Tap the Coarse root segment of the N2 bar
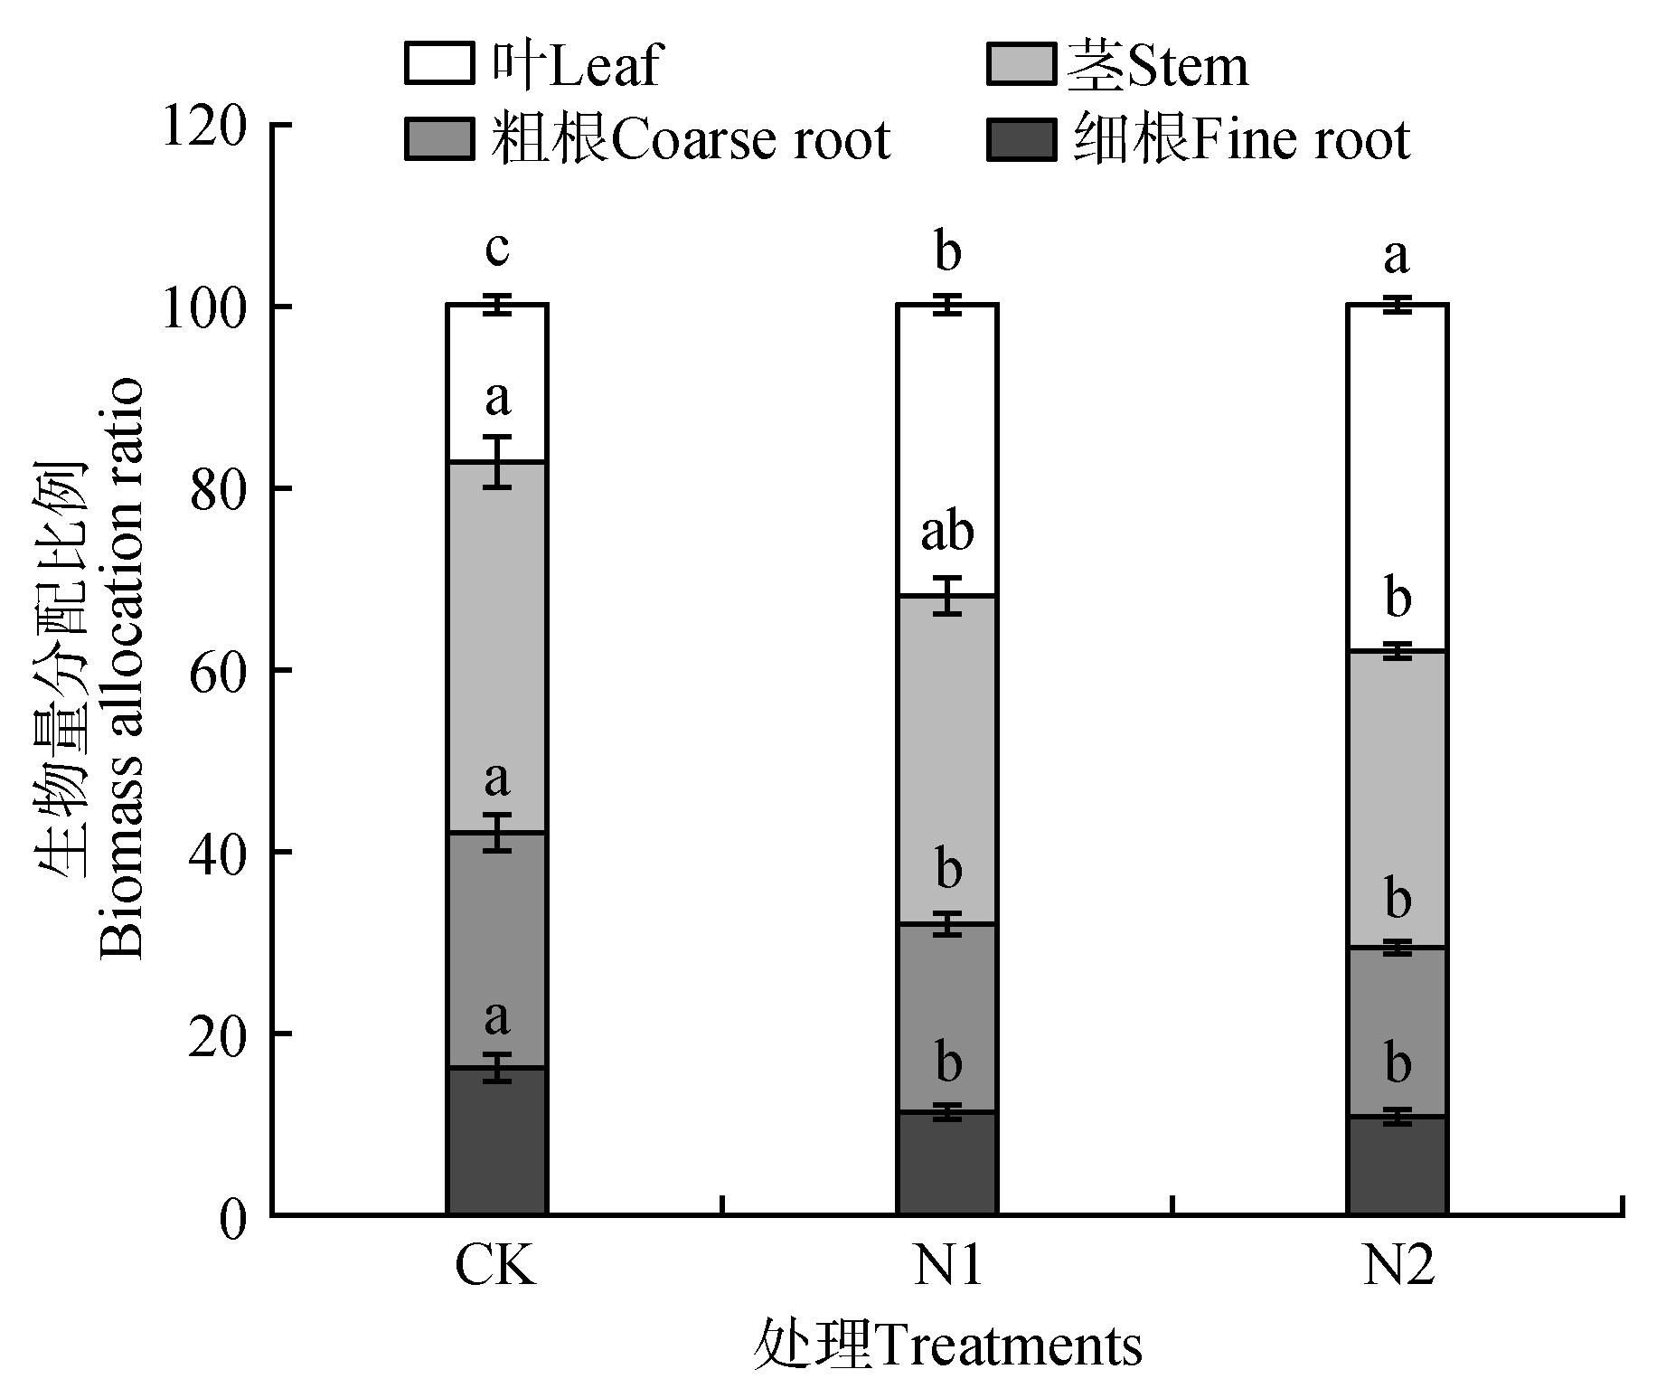(x=1397, y=1031)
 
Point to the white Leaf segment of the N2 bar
(x=1397, y=452)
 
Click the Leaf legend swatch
(x=438, y=64)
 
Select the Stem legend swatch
(x=1021, y=64)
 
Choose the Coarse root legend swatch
(x=438, y=139)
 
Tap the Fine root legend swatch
(x=1021, y=139)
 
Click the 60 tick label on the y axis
(x=217, y=671)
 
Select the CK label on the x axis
(x=495, y=1267)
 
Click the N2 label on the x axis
(x=1398, y=1267)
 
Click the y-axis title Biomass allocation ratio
(x=122, y=669)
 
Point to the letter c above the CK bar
(x=497, y=249)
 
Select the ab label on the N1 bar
(x=947, y=532)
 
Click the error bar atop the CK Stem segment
(x=497, y=461)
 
